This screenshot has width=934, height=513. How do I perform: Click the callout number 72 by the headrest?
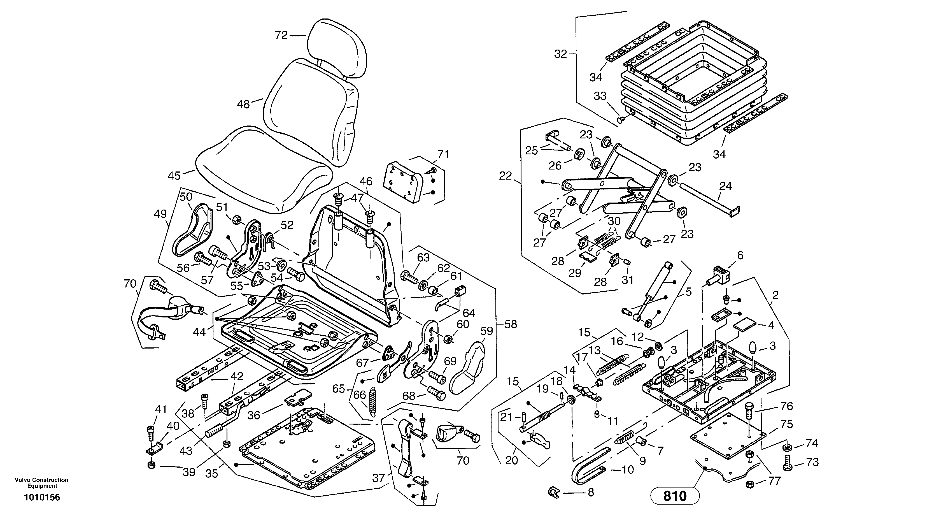[x=281, y=35]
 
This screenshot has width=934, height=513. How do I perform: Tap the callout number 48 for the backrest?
[x=243, y=105]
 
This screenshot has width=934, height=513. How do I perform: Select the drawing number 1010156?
[x=42, y=497]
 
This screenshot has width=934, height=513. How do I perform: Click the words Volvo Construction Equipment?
[x=42, y=483]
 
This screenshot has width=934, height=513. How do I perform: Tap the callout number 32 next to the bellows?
[x=561, y=54]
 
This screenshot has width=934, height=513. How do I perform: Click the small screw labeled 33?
[x=620, y=119]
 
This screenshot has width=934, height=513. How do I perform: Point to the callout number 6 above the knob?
[x=740, y=256]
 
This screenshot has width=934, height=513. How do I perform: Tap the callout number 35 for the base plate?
[x=212, y=473]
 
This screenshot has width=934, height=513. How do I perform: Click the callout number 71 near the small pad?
[x=443, y=155]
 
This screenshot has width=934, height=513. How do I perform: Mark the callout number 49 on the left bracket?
[x=160, y=214]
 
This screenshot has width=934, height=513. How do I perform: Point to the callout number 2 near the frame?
[x=775, y=295]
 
